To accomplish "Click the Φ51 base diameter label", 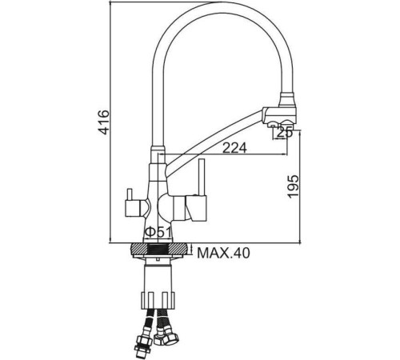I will [156, 233].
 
